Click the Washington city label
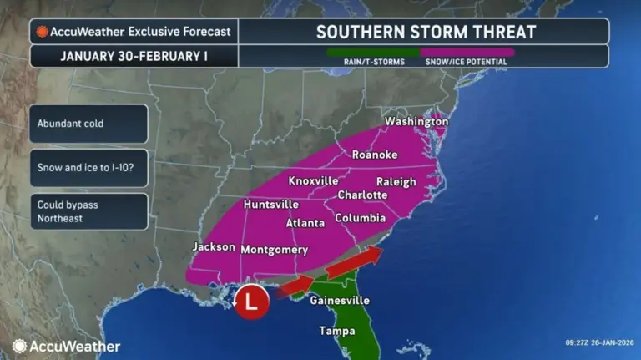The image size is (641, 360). click(x=416, y=122)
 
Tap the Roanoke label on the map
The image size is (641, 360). click(x=375, y=155)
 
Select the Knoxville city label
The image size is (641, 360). click(x=313, y=181)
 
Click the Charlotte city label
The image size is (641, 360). click(x=362, y=195)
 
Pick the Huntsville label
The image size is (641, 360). click(x=271, y=205)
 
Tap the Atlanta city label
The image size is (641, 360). click(x=305, y=223)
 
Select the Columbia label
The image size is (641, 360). click(x=360, y=218)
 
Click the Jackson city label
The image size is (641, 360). click(x=214, y=247)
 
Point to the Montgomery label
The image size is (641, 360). click(x=274, y=250)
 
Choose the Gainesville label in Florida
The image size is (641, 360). click(x=339, y=301)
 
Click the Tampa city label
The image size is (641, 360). click(x=336, y=331)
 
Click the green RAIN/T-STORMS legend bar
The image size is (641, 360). click(x=373, y=52)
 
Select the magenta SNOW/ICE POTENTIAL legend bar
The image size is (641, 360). click(x=467, y=52)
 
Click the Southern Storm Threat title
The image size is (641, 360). click(x=426, y=33)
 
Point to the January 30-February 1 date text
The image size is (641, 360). click(x=134, y=57)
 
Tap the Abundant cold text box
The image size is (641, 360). click(x=88, y=123)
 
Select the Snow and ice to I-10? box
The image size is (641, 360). click(x=88, y=167)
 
